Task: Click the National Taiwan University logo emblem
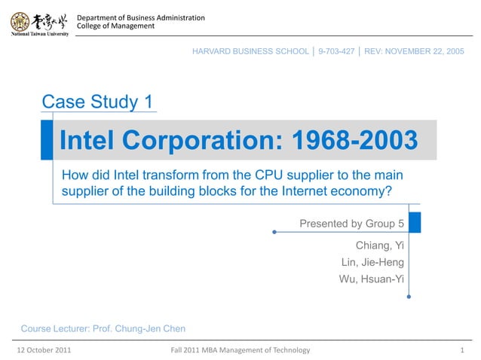[20, 21]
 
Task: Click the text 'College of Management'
[116, 26]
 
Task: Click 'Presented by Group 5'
[352, 224]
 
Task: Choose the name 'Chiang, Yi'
[379, 246]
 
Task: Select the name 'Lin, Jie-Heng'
[372, 262]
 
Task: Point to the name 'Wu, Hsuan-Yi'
[372, 279]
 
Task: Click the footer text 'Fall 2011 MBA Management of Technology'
[240, 350]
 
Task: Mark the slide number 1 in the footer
[461, 350]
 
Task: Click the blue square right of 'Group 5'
[414, 223]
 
